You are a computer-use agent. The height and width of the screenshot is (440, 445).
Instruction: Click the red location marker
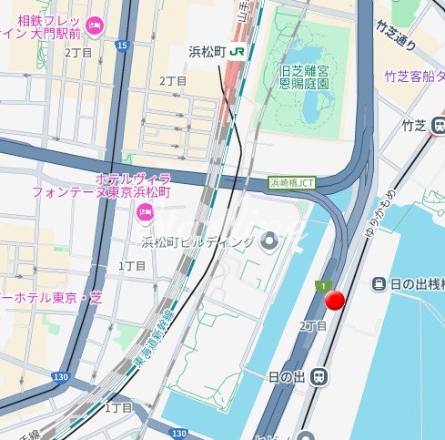pos(336,302)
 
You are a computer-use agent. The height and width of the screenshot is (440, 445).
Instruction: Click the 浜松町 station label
pos(207,52)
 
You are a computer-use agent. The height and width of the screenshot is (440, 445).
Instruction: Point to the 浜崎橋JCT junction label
pos(292,182)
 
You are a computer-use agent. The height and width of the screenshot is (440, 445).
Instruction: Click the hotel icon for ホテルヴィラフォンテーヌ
pos(144,212)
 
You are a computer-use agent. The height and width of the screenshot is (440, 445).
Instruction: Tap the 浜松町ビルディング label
pos(198,242)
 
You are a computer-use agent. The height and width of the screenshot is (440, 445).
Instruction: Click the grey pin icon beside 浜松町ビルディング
pos(269,241)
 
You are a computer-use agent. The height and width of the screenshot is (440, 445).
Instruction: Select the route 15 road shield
pos(123,44)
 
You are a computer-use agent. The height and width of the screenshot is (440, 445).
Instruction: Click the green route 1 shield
pos(321,286)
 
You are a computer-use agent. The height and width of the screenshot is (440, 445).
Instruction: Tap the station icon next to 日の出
pos(319,375)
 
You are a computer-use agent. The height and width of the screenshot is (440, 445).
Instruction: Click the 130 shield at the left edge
pos(60,376)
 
